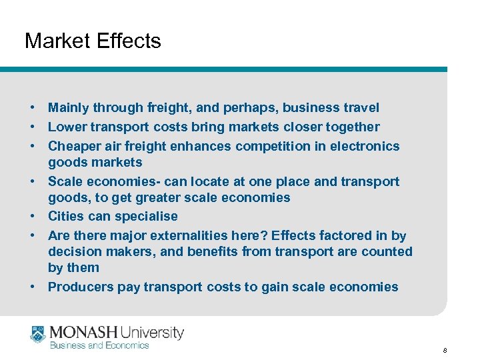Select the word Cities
66,216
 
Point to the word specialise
147,216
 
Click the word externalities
194,235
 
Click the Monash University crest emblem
38,335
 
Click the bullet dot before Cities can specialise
32,216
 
